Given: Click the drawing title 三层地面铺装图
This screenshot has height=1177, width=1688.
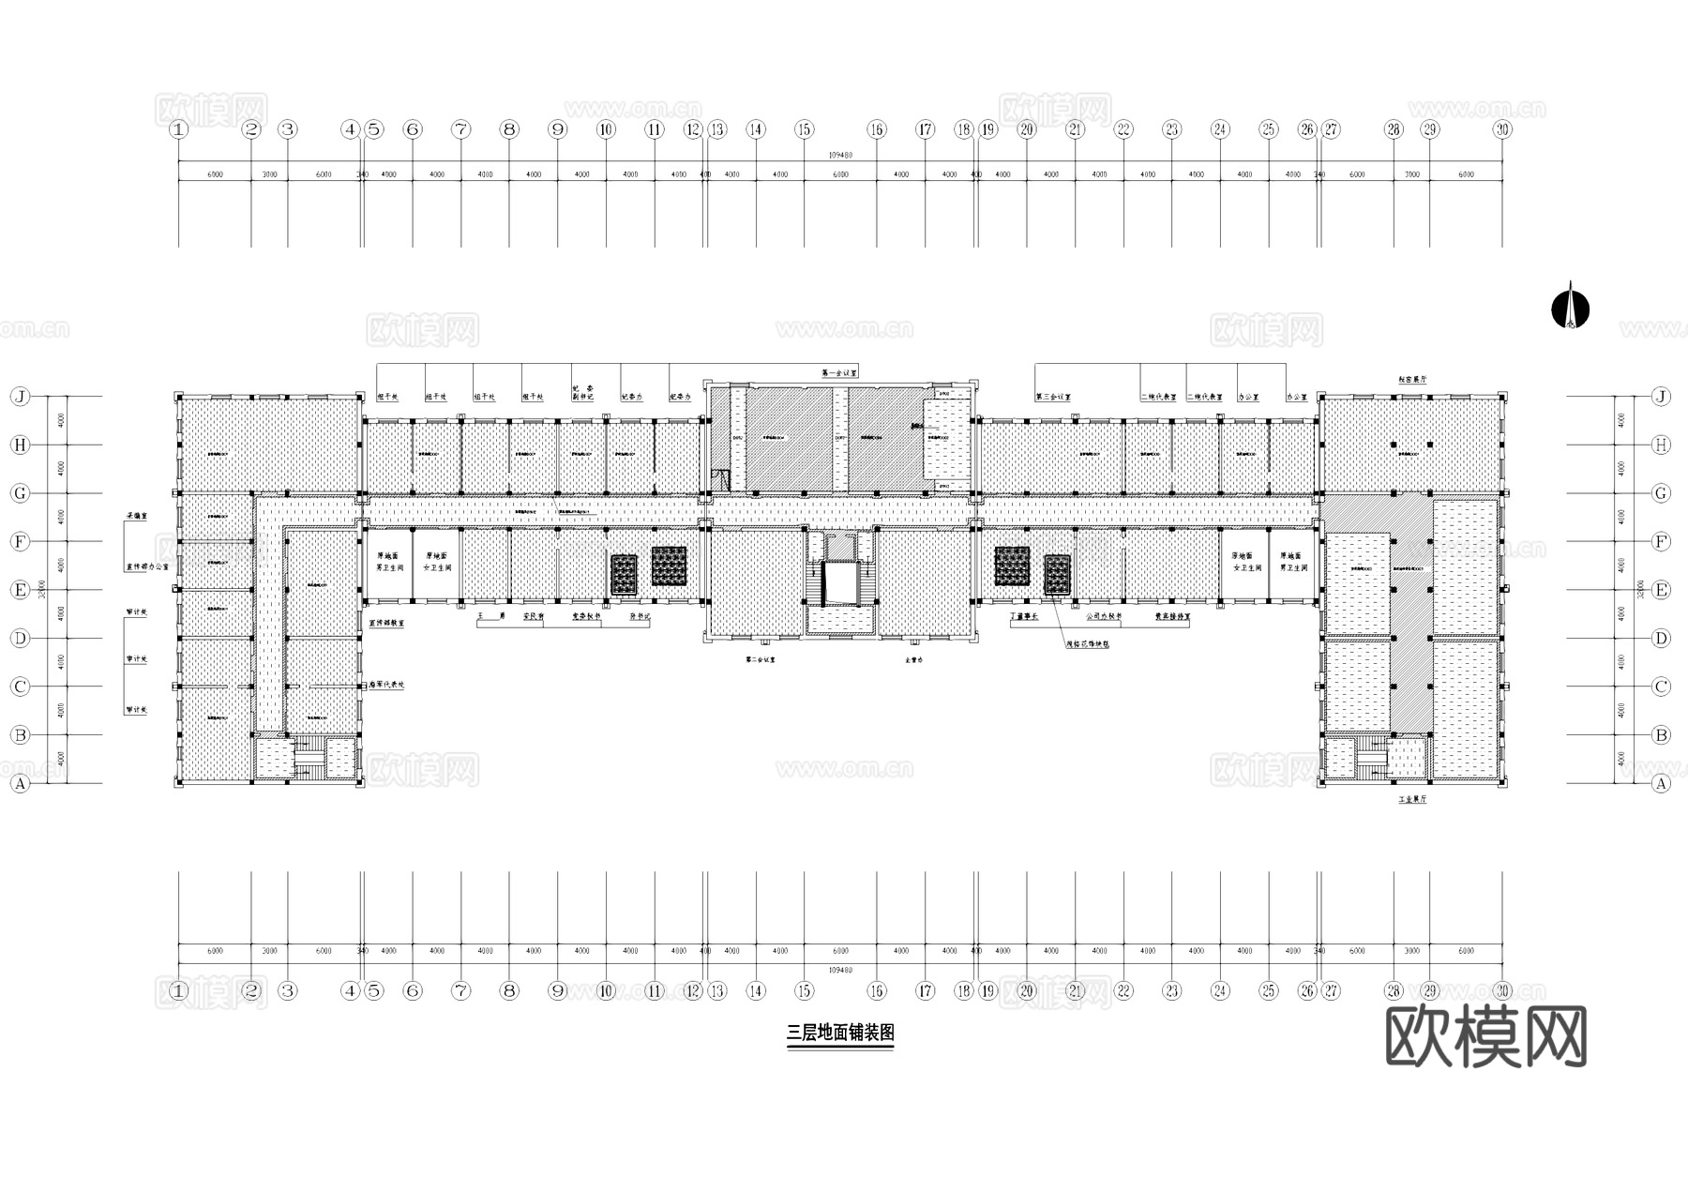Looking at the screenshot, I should [840, 1034].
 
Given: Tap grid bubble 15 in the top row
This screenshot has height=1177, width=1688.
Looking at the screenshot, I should [804, 129].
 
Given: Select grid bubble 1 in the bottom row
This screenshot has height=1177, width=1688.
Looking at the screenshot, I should [179, 990].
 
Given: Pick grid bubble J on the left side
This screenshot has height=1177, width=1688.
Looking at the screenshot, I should [20, 397].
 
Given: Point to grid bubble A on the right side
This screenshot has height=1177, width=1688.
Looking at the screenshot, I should [1661, 783].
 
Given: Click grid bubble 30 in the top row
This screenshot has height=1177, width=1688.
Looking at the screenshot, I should [1502, 129].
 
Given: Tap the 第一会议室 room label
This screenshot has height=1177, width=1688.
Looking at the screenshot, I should [839, 373].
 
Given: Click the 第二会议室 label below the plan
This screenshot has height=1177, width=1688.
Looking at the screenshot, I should [760, 660].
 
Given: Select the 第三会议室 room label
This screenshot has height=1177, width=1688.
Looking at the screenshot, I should [1053, 397].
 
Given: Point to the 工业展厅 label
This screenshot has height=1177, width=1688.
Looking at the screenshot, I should [1411, 800].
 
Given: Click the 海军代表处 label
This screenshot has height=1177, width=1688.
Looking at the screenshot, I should [386, 685].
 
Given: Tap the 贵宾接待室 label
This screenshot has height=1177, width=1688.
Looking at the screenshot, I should [1172, 617].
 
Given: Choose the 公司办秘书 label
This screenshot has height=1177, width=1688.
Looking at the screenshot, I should [1104, 617].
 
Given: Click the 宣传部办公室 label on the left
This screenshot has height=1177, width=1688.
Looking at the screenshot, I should [148, 567].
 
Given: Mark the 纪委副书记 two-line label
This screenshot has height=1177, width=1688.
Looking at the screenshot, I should [582, 392].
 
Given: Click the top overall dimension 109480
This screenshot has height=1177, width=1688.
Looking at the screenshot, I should [840, 156].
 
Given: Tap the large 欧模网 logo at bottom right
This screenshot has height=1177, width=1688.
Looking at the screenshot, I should [1486, 1037].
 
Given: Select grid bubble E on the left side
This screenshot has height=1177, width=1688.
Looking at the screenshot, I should [20, 590].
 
